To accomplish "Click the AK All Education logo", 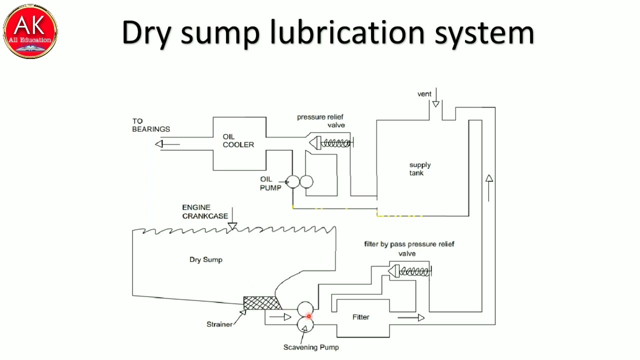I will tap(30, 30).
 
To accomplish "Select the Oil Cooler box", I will tap(239, 143).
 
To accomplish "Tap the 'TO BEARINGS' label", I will tap(150, 125).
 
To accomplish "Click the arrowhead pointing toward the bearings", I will tap(159, 144).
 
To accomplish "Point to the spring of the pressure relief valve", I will tap(335, 143).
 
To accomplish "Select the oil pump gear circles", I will tap(300, 182).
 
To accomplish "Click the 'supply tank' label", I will tap(419, 169).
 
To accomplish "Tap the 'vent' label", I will tap(424, 94).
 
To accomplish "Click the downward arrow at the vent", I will tap(436, 103).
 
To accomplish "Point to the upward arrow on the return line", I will tap(489, 179).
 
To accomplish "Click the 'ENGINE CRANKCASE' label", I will tap(204, 211).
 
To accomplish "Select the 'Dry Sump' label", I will tap(205, 259).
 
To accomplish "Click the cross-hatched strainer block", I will tap(261, 303).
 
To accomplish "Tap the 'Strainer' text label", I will tap(219, 324).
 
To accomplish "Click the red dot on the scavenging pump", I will tap(308, 316).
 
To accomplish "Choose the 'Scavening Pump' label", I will tap(310, 347).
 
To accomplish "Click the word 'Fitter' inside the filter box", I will tap(360, 317).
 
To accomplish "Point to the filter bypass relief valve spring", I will tap(414, 271).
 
